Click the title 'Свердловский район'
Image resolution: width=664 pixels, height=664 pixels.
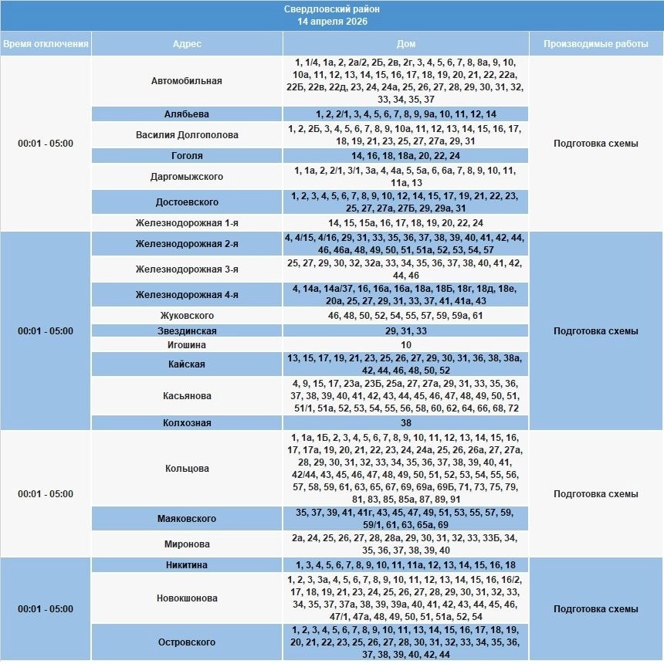point(332,9)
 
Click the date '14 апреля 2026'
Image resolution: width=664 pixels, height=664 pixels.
point(332,22)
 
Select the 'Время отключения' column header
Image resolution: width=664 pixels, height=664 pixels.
point(46,44)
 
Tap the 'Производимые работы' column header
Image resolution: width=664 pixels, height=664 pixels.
point(595,44)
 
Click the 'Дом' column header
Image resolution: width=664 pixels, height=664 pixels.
point(405,44)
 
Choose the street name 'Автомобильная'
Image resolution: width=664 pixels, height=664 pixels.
point(187,80)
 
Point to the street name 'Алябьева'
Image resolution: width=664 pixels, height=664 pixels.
point(187,114)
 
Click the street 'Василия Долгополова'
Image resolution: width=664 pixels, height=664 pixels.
point(187,135)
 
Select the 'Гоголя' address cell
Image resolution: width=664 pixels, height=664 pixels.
point(187,156)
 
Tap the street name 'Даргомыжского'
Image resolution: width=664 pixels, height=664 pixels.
point(187,177)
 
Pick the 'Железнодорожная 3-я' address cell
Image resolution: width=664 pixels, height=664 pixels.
point(187,269)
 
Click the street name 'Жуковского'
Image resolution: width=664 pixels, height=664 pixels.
point(187,316)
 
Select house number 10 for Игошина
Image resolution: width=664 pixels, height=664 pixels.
point(406,344)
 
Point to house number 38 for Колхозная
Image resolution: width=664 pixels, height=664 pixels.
point(406,423)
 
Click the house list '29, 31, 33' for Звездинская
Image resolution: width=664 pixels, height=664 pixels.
point(406,330)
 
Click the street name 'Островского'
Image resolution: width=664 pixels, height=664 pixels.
point(187,642)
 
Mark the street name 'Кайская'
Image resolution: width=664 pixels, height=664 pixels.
point(187,364)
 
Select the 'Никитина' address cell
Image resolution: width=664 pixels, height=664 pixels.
point(187,565)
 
